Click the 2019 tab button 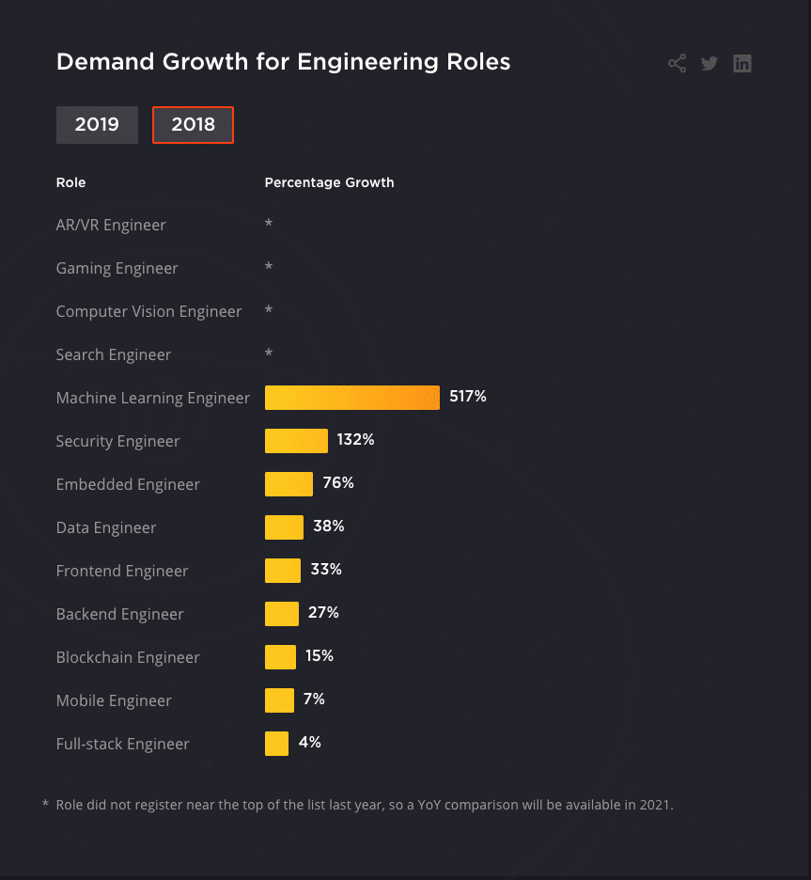click(97, 125)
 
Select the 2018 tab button click(193, 125)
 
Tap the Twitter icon click(710, 64)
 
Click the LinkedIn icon click(742, 64)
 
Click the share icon click(677, 64)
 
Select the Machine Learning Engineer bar click(351, 398)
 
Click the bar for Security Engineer click(296, 441)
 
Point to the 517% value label click(468, 397)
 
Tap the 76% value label click(338, 483)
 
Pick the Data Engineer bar click(284, 527)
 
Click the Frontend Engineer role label click(122, 571)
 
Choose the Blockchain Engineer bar click(280, 657)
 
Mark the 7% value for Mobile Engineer click(314, 699)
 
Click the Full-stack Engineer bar click(276, 744)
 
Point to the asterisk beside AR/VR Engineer click(269, 225)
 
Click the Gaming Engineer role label click(117, 268)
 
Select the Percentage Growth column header click(329, 182)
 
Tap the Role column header click(70, 182)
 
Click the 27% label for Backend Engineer click(323, 613)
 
